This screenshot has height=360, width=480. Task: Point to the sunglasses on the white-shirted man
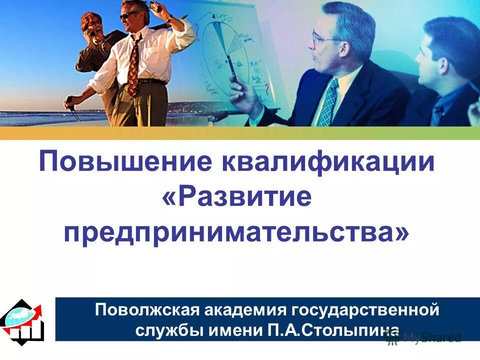click(128, 16)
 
